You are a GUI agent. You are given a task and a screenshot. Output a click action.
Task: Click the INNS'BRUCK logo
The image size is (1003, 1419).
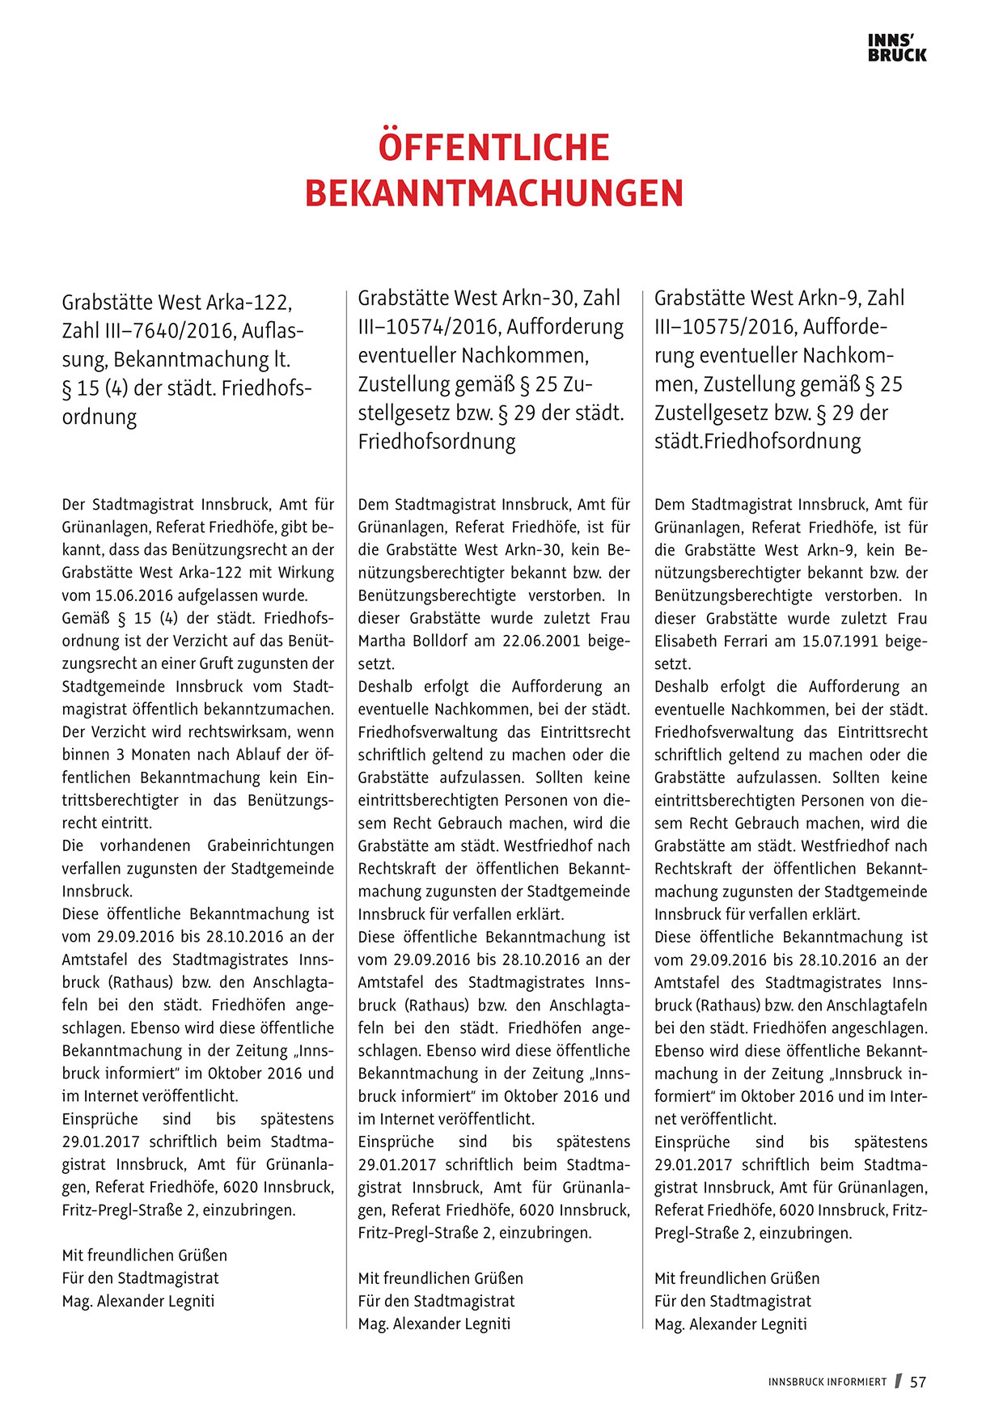click(897, 48)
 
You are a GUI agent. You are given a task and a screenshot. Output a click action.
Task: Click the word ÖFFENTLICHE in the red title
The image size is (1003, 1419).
click(493, 148)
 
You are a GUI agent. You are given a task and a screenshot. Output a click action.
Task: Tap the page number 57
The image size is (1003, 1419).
click(918, 1382)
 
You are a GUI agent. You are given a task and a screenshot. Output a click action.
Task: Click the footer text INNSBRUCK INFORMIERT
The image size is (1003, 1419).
click(827, 1383)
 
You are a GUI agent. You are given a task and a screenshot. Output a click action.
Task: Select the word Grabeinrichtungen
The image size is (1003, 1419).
click(270, 845)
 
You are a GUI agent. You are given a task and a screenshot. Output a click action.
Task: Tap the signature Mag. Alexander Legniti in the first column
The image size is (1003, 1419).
click(138, 1301)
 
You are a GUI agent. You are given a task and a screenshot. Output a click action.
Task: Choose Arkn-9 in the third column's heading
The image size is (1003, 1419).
click(829, 298)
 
